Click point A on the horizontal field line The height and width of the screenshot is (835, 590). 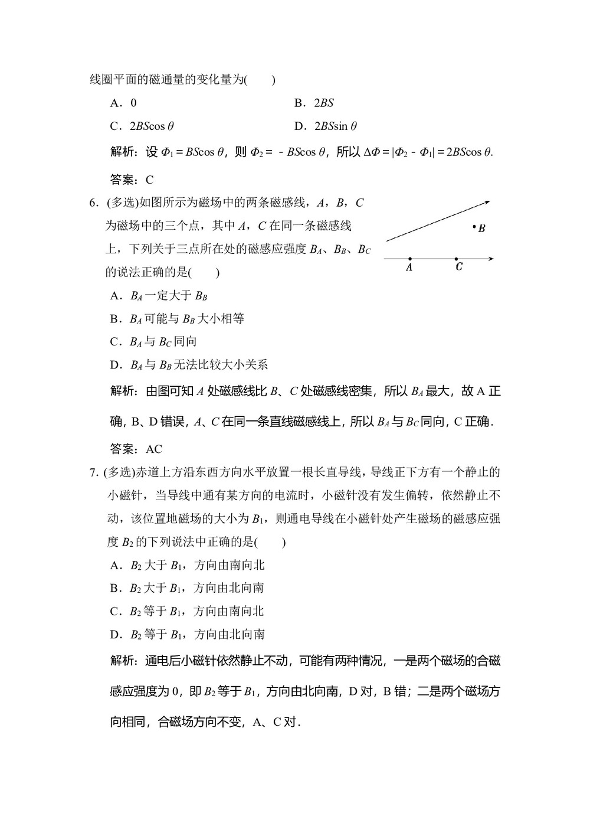click(x=409, y=259)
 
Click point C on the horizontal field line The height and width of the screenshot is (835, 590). click(x=456, y=259)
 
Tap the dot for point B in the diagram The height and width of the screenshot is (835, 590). click(x=474, y=227)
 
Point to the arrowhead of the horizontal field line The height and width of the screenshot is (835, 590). click(x=491, y=259)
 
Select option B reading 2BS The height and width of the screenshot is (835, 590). click(x=314, y=103)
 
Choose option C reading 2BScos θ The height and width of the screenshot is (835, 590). click(x=142, y=126)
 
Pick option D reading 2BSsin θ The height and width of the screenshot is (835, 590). click(x=326, y=126)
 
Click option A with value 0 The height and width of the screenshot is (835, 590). click(x=123, y=103)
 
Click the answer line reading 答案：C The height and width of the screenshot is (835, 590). click(x=132, y=180)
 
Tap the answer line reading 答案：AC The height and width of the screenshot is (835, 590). click(x=136, y=449)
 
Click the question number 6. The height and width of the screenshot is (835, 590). click(x=93, y=203)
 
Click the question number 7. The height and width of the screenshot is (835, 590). click(x=93, y=472)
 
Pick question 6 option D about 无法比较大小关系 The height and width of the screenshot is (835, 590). click(x=189, y=365)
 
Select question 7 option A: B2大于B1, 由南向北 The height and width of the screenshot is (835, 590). click(x=187, y=565)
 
